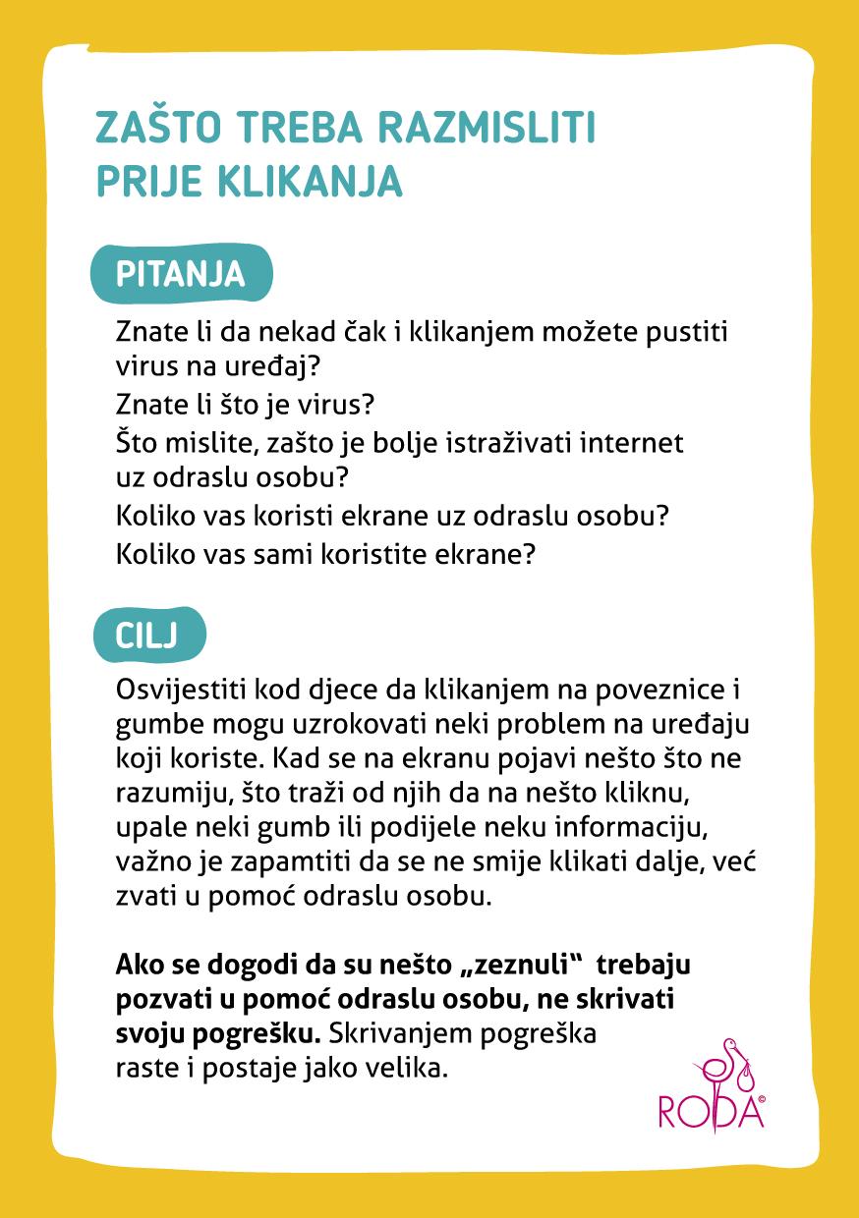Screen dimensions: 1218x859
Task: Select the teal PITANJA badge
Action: click(x=181, y=272)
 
